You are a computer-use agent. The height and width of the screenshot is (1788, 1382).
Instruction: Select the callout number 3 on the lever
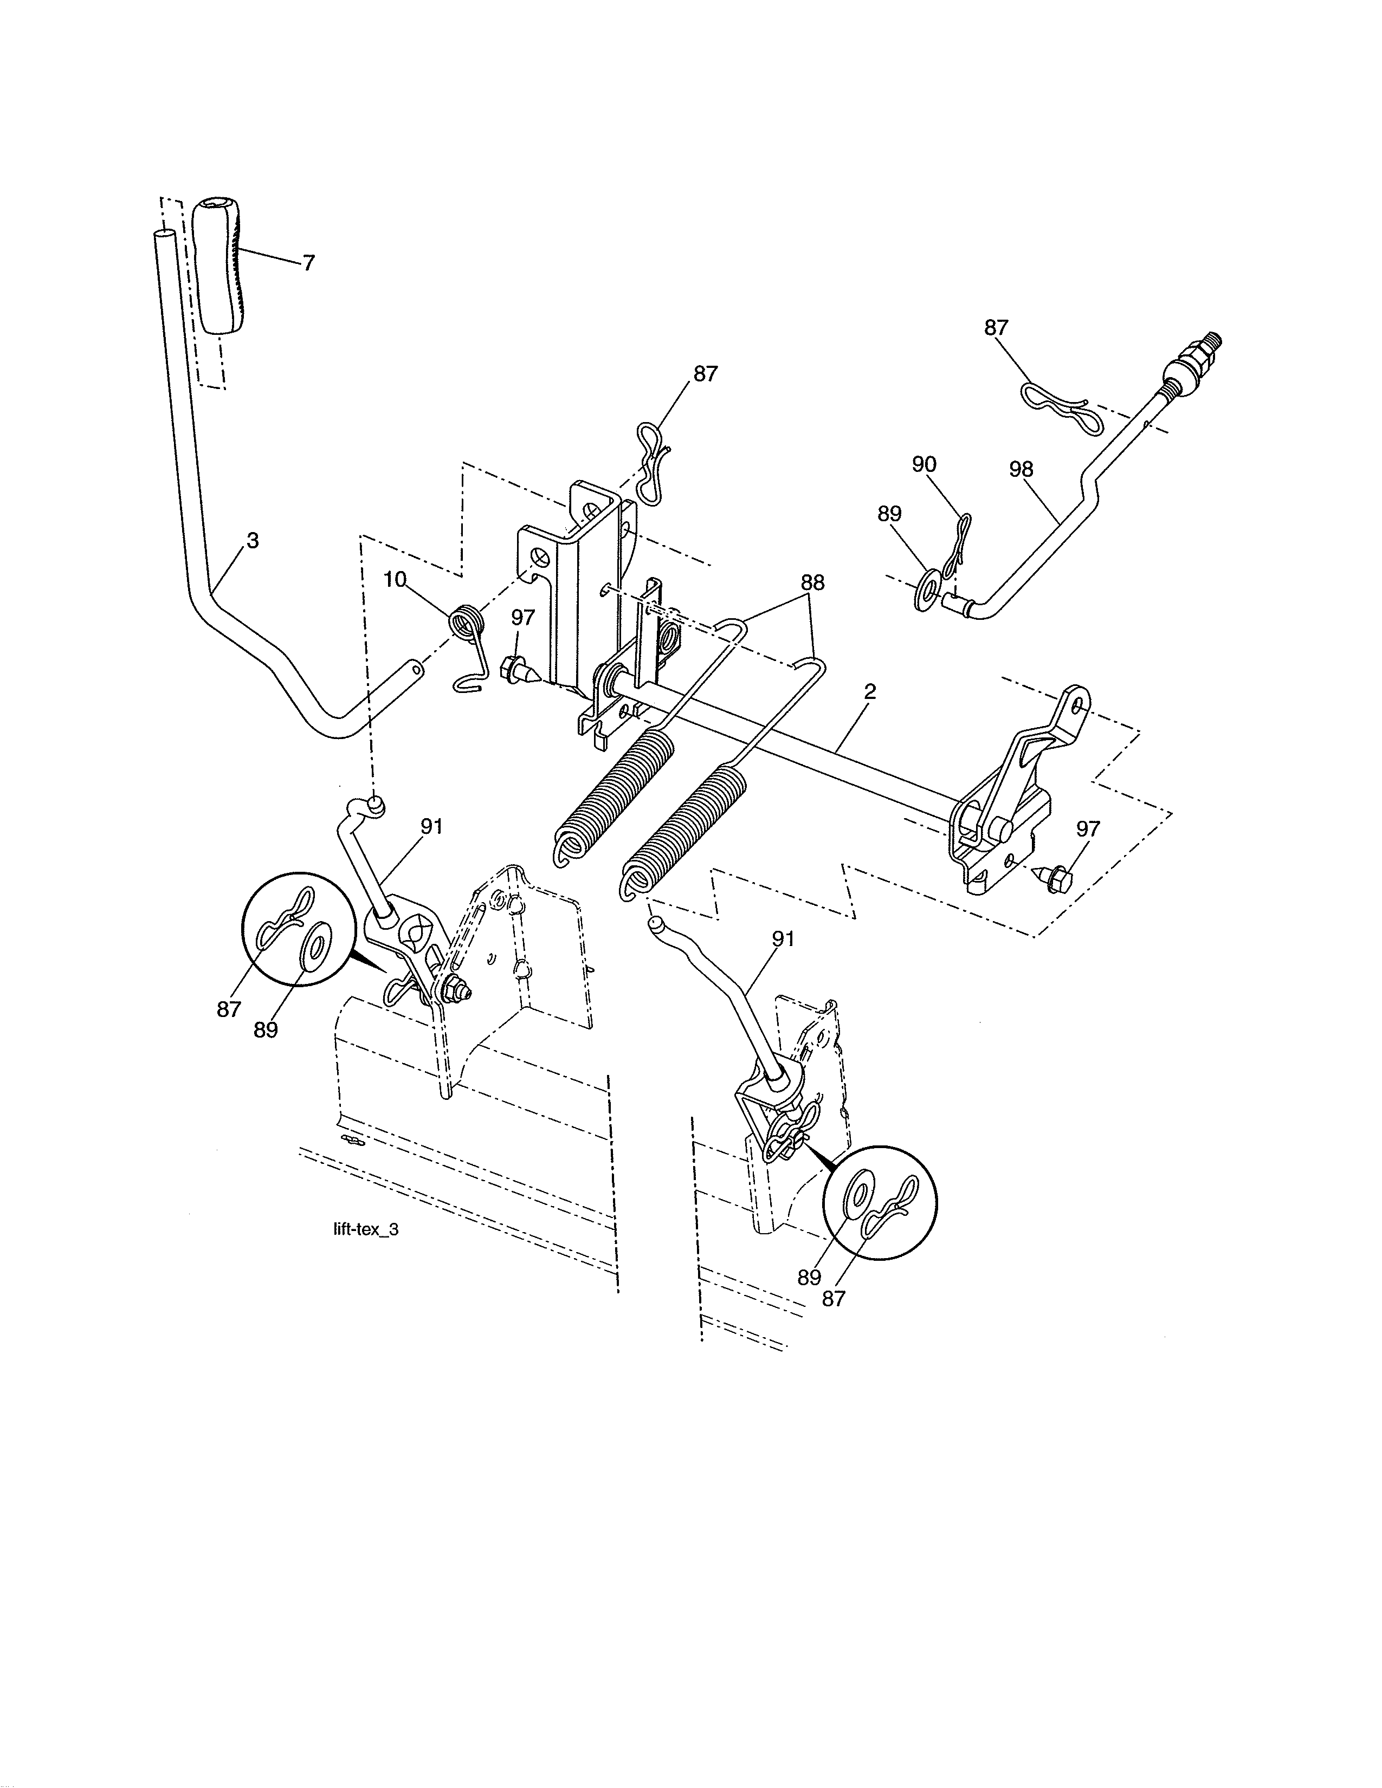pyautogui.click(x=253, y=541)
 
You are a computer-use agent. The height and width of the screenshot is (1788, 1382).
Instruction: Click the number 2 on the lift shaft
pyautogui.click(x=869, y=692)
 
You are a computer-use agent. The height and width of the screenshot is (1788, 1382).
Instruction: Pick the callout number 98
pyautogui.click(x=1022, y=469)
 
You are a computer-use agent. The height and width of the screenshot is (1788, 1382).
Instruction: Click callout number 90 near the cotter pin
pyautogui.click(x=925, y=464)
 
